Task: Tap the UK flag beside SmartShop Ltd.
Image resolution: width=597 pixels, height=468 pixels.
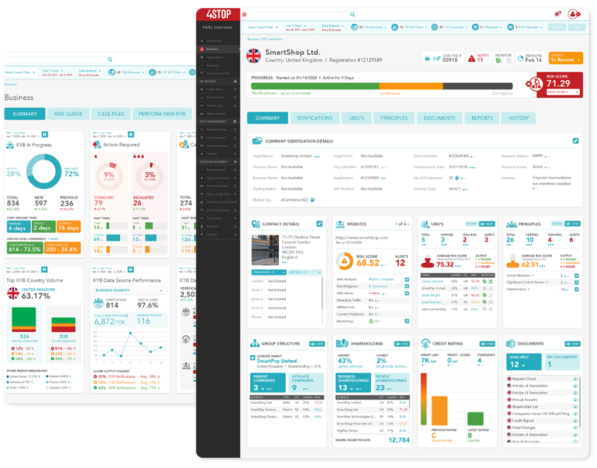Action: pos(253,56)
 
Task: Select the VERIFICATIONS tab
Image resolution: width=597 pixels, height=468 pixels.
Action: pos(314,118)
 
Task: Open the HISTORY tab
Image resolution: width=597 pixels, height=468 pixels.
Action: pos(519,118)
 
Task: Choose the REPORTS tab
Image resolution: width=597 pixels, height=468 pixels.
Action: pos(482,118)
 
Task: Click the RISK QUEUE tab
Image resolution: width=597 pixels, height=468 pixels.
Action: pos(68,114)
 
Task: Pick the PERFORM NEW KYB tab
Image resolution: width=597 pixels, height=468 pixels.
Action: pos(162,114)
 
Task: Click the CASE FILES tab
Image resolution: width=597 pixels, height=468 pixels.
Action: pos(111,114)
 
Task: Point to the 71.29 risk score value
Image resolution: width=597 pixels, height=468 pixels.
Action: pos(558,83)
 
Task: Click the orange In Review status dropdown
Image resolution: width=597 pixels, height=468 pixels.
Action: pos(566,58)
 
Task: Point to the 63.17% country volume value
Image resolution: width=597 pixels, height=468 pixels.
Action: pos(35,296)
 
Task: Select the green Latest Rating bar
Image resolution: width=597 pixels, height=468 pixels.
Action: pos(475,418)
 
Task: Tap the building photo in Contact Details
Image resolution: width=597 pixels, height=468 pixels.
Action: pos(265,250)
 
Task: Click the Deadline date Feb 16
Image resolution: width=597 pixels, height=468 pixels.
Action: pos(534,60)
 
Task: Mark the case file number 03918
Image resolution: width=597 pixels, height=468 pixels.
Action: pos(449,60)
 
